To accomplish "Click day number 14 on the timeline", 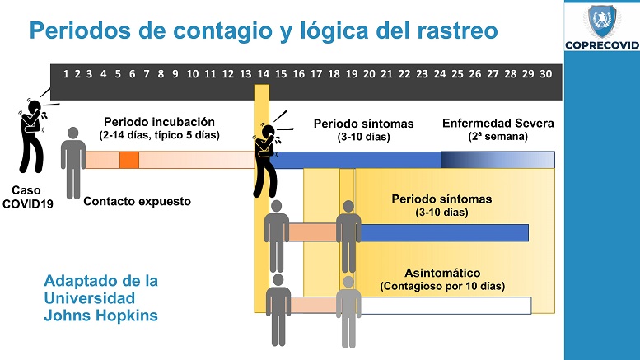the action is tap(263, 74).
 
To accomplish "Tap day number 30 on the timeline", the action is tap(545, 74).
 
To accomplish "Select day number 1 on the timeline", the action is tap(66, 74).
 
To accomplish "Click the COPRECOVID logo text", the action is tap(601, 46).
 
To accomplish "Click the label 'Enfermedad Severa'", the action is tap(498, 123).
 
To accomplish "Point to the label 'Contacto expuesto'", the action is tap(138, 200).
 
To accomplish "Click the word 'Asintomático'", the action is tap(442, 272).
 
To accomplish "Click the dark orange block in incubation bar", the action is tap(128, 160).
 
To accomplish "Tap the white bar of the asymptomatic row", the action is tap(445, 305).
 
